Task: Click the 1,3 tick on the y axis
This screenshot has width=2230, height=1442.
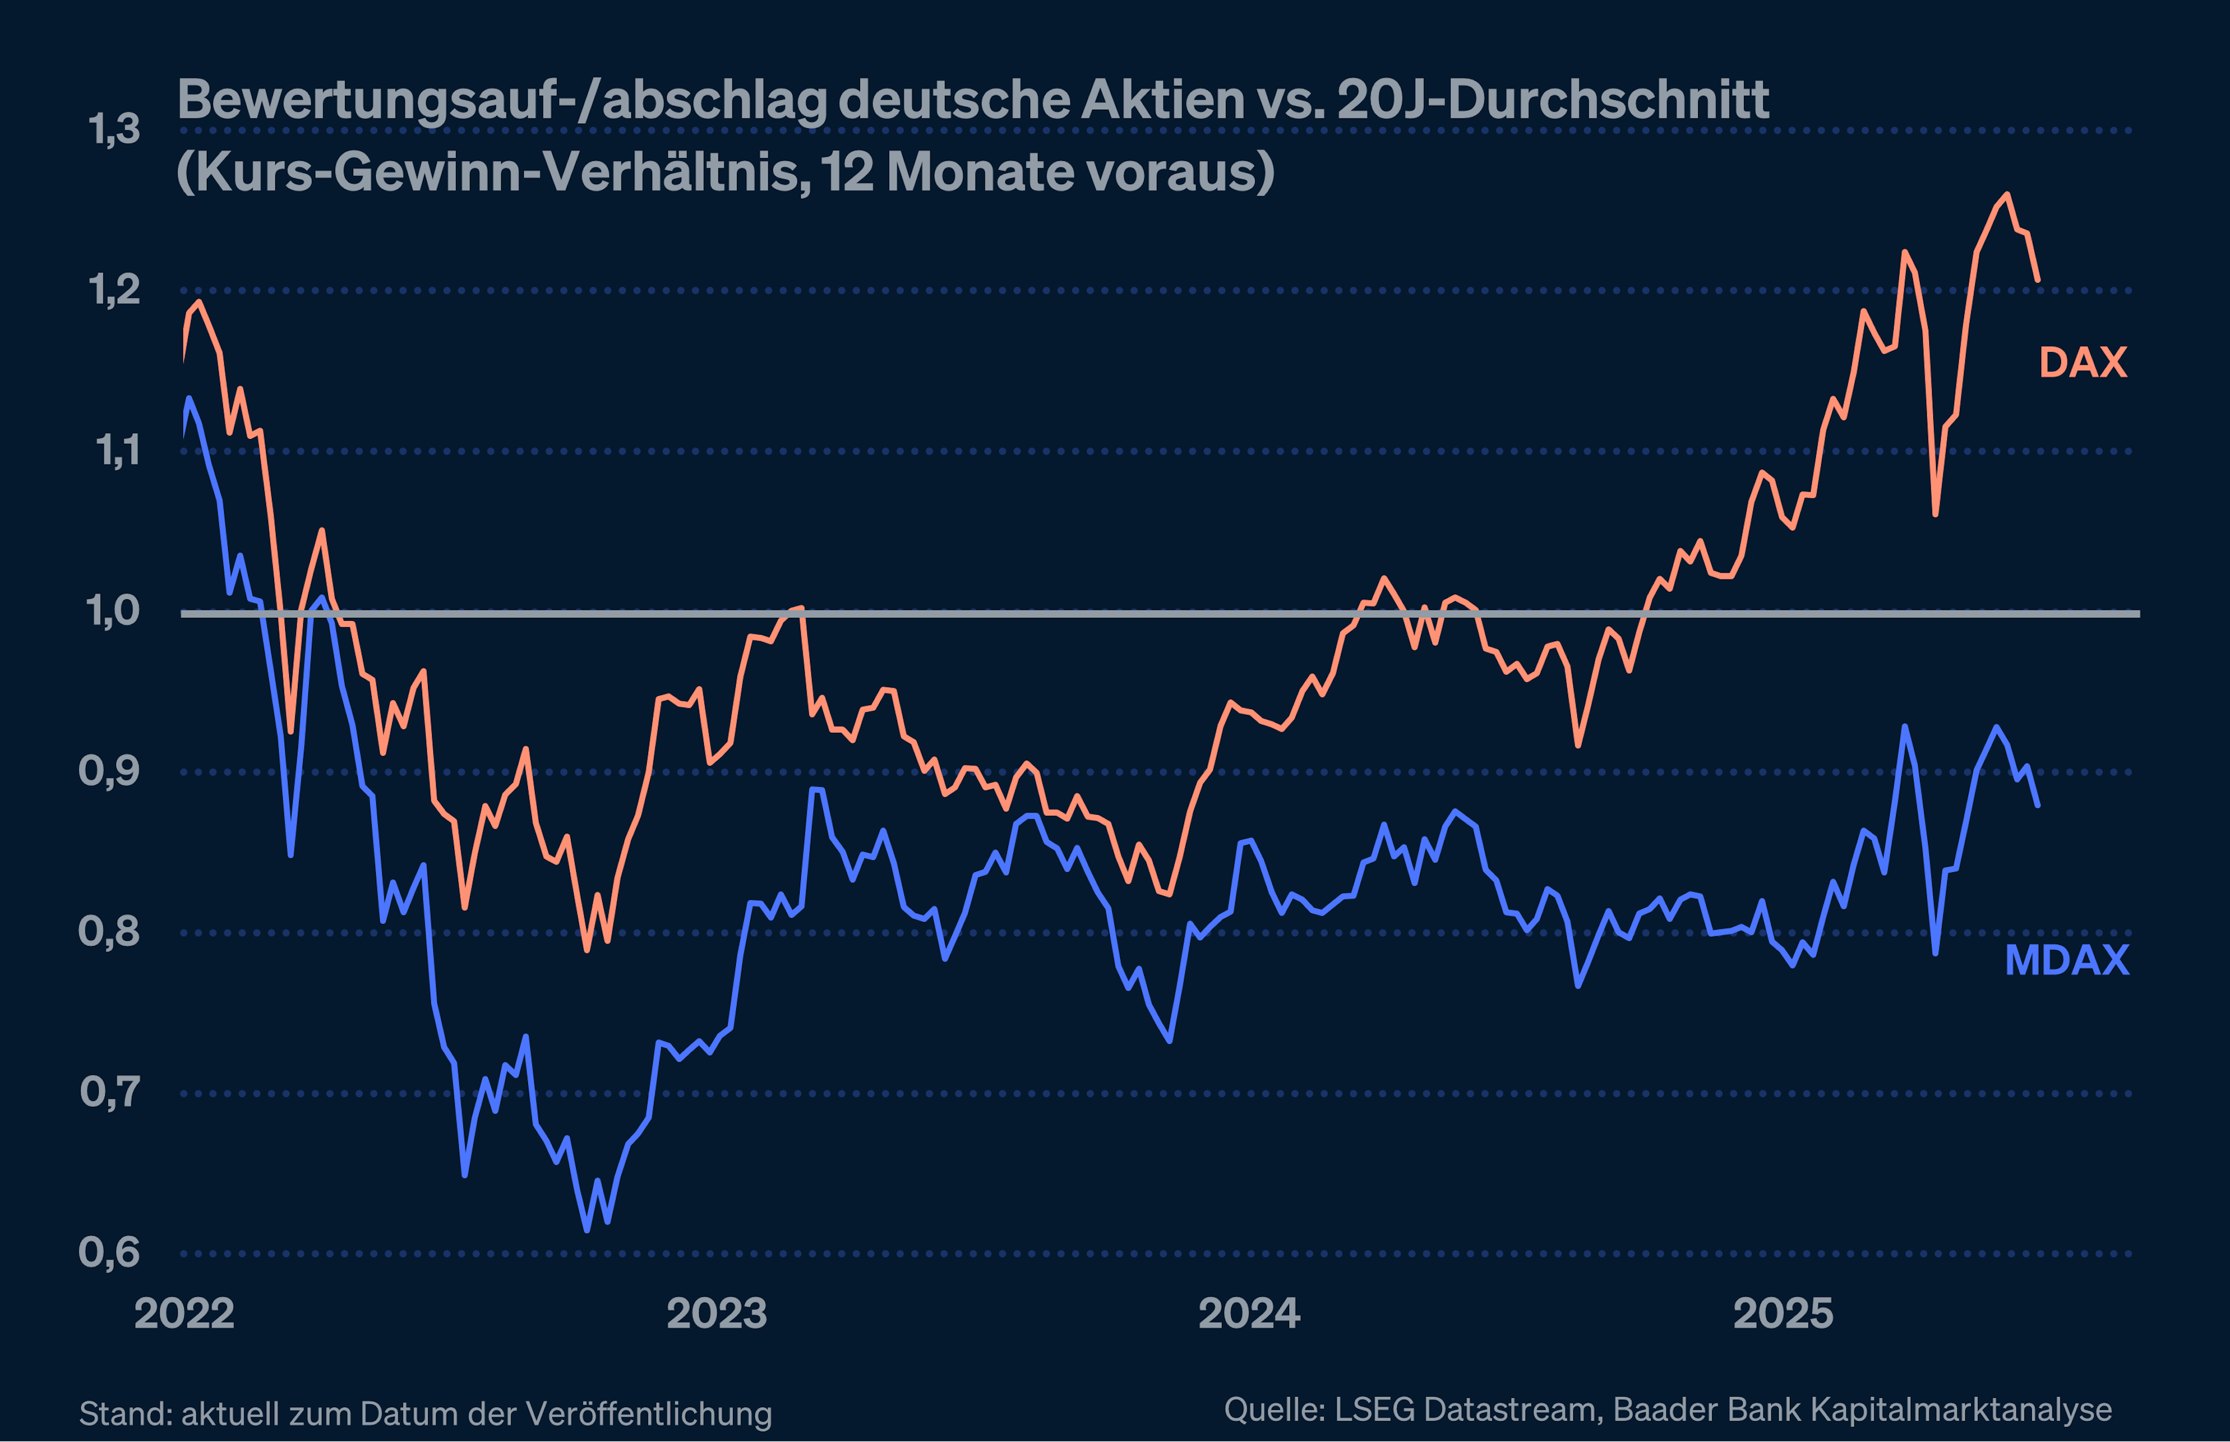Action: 114,130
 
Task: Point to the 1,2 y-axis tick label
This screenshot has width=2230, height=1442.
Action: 114,290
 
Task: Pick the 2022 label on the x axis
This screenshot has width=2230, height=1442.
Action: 185,1314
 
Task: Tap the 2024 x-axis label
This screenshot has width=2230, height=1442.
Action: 1249,1314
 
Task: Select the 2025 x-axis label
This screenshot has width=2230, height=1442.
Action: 1782,1314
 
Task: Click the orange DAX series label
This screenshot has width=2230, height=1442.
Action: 2083,362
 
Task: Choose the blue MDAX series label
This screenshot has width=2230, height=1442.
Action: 2067,961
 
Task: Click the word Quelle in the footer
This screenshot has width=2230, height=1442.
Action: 1273,1409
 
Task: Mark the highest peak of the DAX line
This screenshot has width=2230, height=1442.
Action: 2006,194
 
